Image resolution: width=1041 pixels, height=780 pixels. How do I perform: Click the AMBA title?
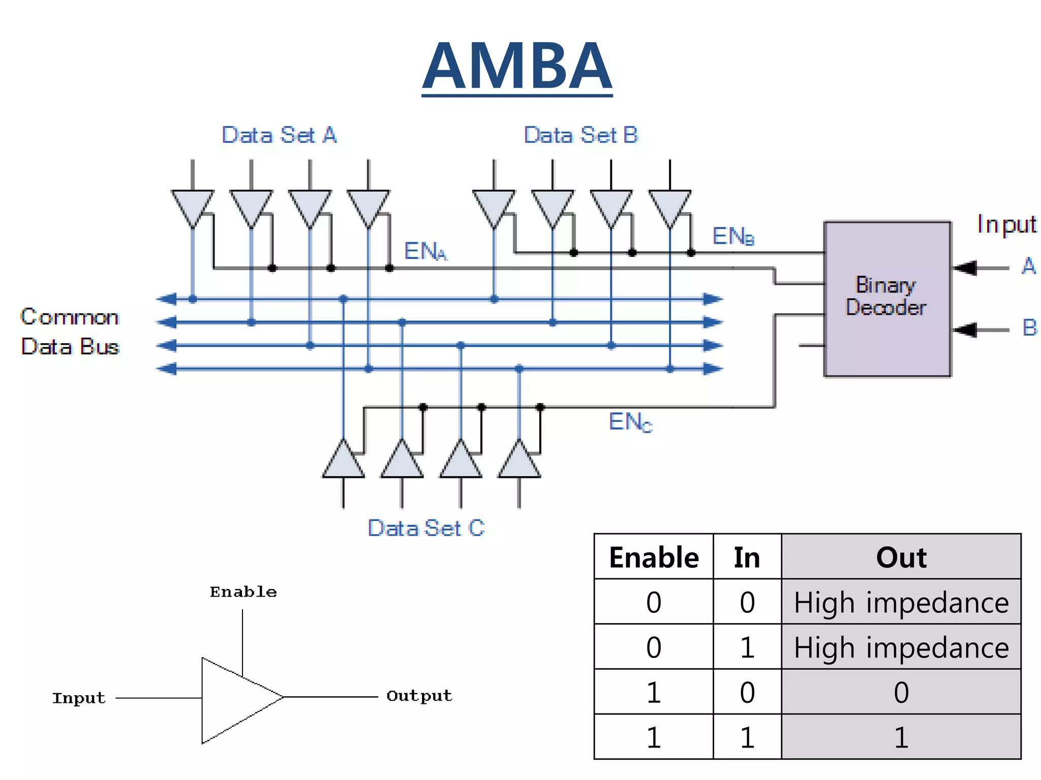tap(517, 66)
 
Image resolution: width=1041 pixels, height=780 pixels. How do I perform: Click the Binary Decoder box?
tap(887, 299)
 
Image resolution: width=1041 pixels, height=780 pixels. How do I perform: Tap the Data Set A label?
tap(279, 135)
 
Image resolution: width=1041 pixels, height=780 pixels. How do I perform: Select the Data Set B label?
tap(580, 135)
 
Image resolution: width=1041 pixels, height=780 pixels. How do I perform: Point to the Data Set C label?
tap(426, 528)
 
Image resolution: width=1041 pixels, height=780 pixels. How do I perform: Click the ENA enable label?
tap(425, 251)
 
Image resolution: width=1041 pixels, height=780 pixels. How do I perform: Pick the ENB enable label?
tap(732, 236)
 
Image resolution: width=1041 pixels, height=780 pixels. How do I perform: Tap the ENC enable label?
tap(630, 422)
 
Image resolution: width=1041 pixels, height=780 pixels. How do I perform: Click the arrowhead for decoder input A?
tap(965, 268)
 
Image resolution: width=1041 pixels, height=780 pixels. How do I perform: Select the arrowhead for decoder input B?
tap(965, 330)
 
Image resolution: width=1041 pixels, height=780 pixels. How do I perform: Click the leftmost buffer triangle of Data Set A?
tap(193, 206)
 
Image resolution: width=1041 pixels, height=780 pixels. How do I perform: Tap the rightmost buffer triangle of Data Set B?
tap(670, 206)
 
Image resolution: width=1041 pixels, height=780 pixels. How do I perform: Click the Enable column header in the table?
tap(654, 557)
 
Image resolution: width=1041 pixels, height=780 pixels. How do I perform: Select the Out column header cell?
tap(901, 557)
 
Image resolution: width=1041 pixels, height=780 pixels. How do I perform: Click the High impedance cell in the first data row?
tap(901, 602)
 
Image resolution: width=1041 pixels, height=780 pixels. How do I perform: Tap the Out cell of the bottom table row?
tap(901, 737)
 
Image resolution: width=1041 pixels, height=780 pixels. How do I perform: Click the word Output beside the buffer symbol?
tap(419, 696)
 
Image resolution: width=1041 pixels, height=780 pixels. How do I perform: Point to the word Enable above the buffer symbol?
tap(243, 592)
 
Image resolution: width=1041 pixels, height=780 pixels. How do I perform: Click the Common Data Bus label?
tap(70, 332)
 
